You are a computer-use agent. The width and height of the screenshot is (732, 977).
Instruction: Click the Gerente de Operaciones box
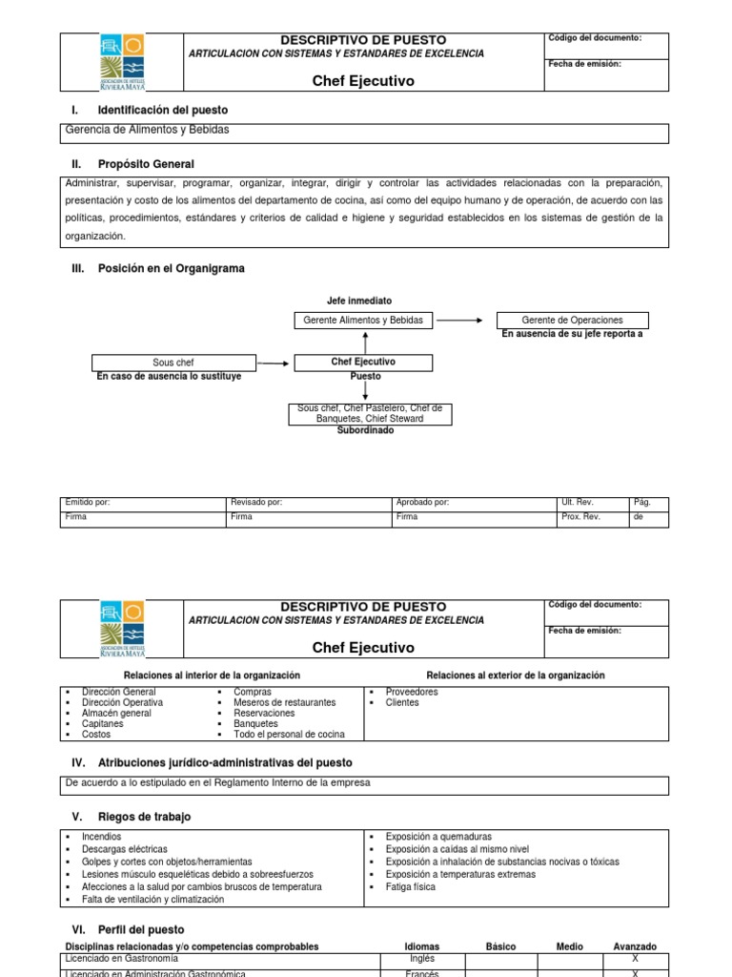click(572, 320)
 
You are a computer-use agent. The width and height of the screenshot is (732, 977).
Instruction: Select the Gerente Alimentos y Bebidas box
click(362, 320)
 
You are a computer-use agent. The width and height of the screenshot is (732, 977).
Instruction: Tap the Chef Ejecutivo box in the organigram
click(362, 363)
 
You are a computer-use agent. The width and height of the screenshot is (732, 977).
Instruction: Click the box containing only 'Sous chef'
click(173, 363)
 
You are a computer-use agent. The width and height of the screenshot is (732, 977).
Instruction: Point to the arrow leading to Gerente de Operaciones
click(460, 321)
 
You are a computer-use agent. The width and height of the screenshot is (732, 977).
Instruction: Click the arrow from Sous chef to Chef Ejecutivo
click(274, 364)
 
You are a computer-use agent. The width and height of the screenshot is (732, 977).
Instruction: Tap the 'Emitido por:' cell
click(143, 502)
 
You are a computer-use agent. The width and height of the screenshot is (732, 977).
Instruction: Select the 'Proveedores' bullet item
click(411, 692)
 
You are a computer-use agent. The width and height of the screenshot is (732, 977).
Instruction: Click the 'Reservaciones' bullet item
click(264, 713)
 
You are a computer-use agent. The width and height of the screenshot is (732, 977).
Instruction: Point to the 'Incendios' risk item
click(101, 836)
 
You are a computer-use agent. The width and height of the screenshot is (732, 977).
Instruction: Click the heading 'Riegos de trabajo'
click(144, 817)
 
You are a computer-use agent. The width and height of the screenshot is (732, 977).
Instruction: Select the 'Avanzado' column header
click(634, 946)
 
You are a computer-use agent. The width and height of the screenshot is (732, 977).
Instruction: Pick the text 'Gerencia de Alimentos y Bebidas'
click(147, 130)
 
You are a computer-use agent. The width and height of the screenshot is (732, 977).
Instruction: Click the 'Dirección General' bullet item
click(119, 692)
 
